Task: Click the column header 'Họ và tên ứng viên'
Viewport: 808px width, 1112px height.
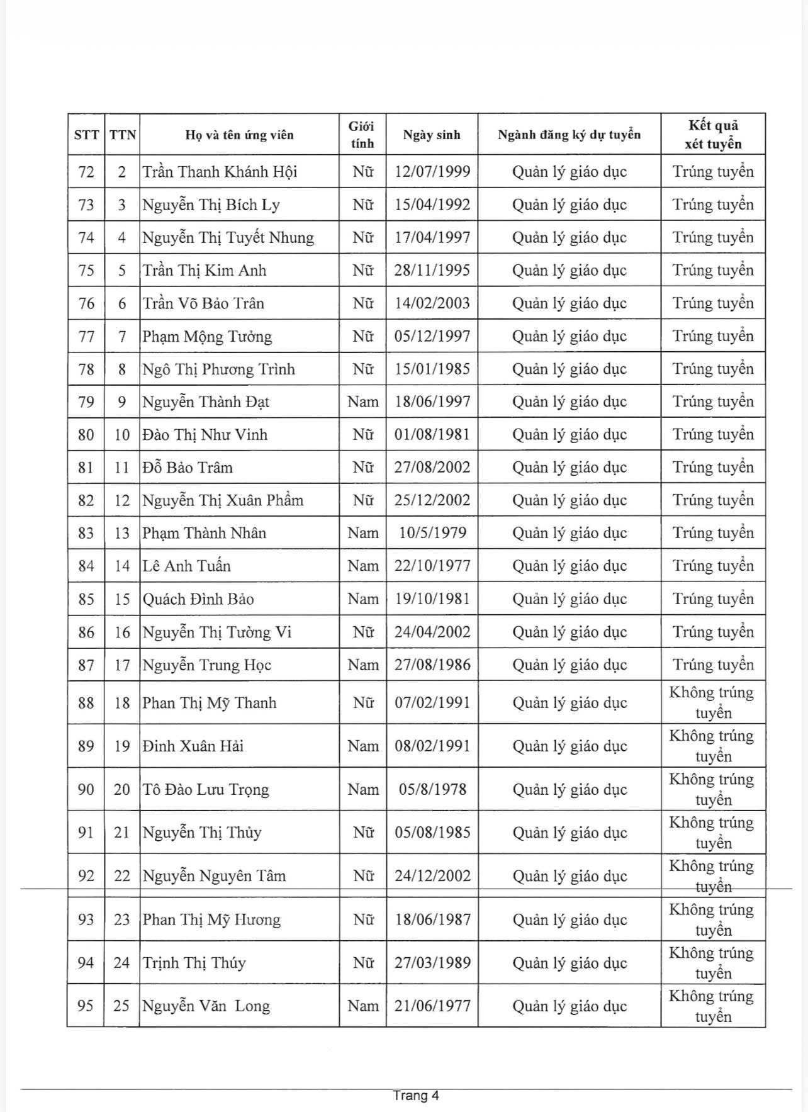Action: click(239, 135)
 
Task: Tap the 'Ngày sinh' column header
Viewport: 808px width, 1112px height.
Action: click(432, 135)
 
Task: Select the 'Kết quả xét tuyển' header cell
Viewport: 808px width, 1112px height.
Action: click(713, 135)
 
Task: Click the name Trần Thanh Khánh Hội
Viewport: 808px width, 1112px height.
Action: click(220, 172)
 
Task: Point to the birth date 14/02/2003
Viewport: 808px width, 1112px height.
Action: click(432, 303)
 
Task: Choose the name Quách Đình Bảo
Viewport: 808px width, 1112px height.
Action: click(198, 599)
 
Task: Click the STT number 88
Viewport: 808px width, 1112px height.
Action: click(86, 703)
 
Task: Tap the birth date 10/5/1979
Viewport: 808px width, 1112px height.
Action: click(432, 533)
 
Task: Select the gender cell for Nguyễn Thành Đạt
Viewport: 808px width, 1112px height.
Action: click(363, 402)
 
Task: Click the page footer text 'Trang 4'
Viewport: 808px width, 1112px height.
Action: click(416, 1096)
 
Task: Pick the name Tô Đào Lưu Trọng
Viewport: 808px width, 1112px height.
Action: click(206, 790)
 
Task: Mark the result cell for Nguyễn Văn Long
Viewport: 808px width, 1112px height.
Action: click(713, 1006)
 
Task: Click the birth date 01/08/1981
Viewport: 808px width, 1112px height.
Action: click(432, 435)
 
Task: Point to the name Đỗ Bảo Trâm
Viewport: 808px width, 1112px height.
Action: click(188, 468)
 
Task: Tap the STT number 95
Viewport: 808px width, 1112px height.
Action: click(86, 1006)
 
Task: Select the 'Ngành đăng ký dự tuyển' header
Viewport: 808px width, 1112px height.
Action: click(569, 135)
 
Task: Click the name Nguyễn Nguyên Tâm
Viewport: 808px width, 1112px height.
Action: click(214, 876)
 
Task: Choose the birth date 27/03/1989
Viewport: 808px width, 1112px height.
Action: click(432, 963)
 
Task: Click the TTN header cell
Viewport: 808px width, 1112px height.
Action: click(122, 135)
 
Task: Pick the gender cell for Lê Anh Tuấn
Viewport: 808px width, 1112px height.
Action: click(363, 566)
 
